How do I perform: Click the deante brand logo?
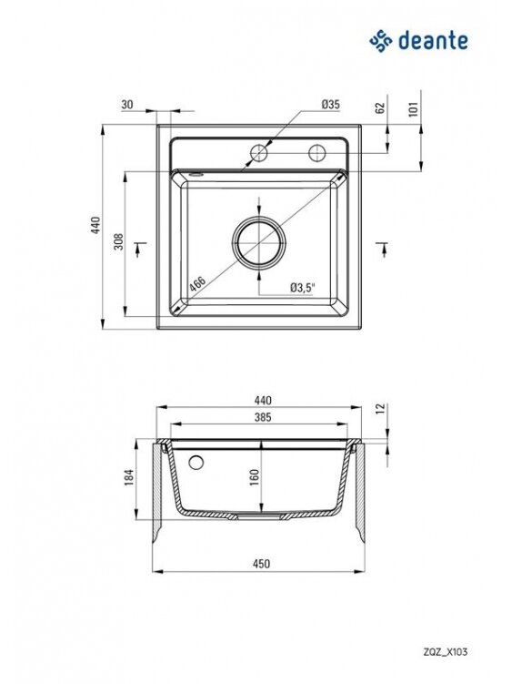tap(418, 41)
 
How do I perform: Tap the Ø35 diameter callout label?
tap(330, 105)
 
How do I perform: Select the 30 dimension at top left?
tap(127, 105)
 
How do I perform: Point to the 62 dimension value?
tap(380, 107)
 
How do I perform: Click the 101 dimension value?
tap(413, 108)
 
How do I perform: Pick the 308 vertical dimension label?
tap(118, 242)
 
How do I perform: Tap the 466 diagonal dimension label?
tap(197, 284)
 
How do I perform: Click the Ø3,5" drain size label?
tap(303, 288)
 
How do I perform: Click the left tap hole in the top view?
tap(259, 153)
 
